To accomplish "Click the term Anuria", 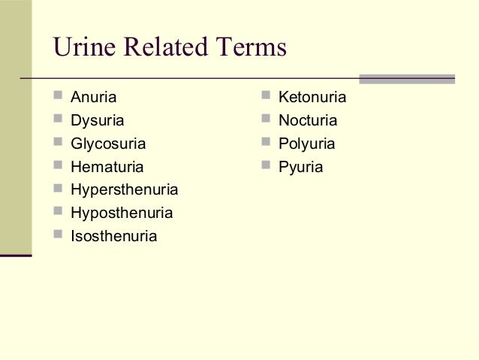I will tap(94, 97).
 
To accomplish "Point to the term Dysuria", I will tap(98, 120).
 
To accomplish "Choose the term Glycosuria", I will tap(108, 144).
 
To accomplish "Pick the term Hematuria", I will tap(107, 167).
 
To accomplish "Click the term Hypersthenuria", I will tap(124, 190).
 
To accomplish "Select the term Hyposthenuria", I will tap(122, 213).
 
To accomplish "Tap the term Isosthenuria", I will tap(113, 237).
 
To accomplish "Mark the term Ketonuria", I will tap(312, 97).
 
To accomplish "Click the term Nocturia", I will tap(308, 120).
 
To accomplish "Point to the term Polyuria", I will tap(306, 144).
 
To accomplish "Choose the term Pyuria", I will tap(300, 167).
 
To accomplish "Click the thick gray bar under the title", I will tap(406, 78).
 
